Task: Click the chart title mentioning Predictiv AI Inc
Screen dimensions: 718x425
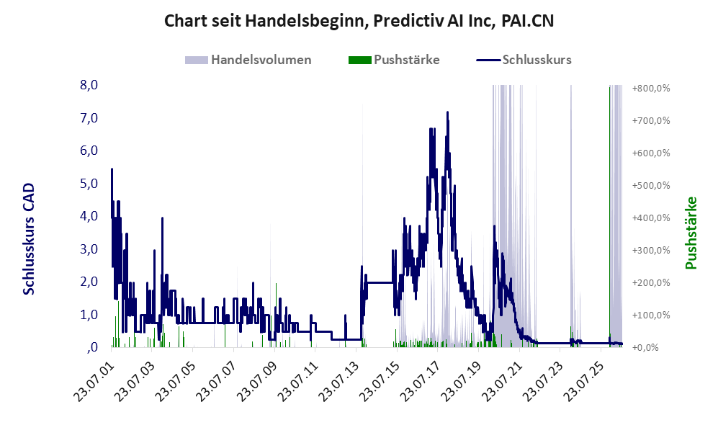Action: click(x=359, y=21)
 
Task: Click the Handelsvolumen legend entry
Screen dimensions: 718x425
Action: click(x=248, y=60)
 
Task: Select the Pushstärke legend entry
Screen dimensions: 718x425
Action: click(x=394, y=60)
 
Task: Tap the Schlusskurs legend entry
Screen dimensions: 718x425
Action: click(x=524, y=60)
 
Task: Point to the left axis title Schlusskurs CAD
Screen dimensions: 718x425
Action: click(x=29, y=238)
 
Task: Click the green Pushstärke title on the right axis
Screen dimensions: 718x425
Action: click(x=691, y=233)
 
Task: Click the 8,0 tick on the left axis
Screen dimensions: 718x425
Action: click(x=89, y=85)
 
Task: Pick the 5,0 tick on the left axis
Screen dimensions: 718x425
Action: click(x=89, y=184)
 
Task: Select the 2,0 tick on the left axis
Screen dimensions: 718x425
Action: click(x=89, y=282)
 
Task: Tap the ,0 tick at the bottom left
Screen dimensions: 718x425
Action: click(x=92, y=347)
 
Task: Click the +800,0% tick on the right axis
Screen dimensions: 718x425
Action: click(x=651, y=89)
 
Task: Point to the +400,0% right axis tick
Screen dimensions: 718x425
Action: click(x=651, y=218)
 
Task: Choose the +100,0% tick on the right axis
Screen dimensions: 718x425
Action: click(x=651, y=315)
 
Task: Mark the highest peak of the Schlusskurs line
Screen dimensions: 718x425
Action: click(x=447, y=112)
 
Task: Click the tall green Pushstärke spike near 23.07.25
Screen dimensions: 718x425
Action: click(x=609, y=215)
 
